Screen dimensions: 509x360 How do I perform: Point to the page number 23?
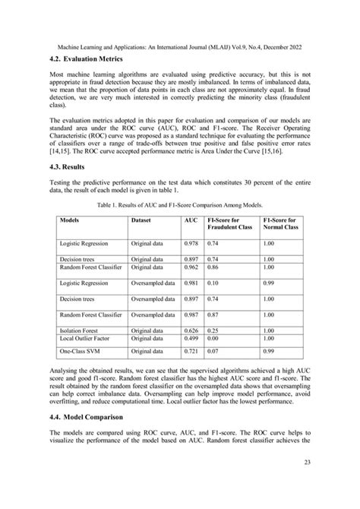[305, 483]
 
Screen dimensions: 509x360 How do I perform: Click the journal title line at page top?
[178, 46]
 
